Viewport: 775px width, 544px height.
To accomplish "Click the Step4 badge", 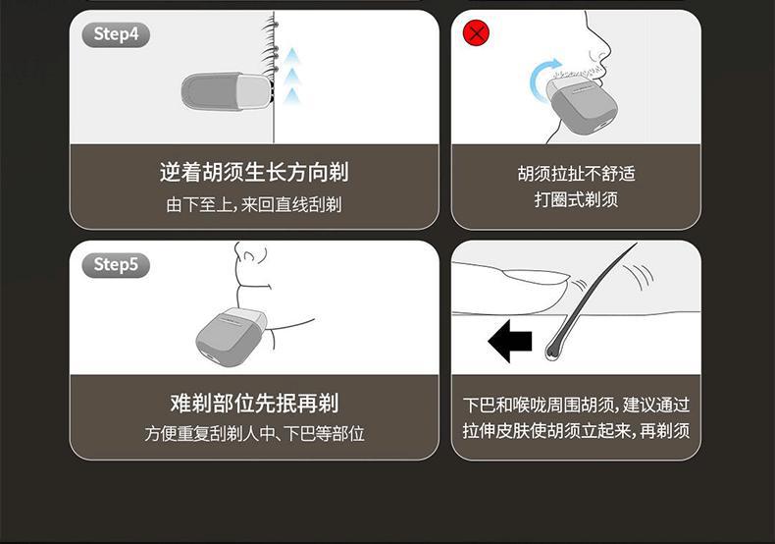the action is (116, 34).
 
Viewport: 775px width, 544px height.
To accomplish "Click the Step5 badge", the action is (116, 265).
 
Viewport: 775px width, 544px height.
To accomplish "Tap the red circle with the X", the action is (476, 33).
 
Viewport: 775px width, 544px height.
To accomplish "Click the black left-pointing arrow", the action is (510, 342).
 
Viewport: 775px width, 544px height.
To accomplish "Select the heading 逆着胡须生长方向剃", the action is (254, 172).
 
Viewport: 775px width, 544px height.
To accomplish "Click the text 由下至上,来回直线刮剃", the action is (254, 203).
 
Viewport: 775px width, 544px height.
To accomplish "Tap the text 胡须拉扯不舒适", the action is (576, 174).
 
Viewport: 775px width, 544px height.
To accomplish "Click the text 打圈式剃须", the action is (576, 199).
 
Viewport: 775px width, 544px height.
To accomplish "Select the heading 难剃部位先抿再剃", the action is (254, 403).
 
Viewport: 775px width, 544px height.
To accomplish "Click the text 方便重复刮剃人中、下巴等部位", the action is (254, 434).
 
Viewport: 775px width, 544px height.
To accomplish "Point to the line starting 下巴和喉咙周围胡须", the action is (576, 405).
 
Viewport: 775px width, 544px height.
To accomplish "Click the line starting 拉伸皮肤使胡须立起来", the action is (576, 430).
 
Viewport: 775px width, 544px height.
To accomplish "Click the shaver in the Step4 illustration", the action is (227, 91).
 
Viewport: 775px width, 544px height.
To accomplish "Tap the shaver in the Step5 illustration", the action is (232, 336).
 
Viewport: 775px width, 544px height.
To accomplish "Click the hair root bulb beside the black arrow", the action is (552, 350).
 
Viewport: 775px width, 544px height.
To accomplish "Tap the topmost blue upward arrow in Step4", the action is (292, 55).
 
